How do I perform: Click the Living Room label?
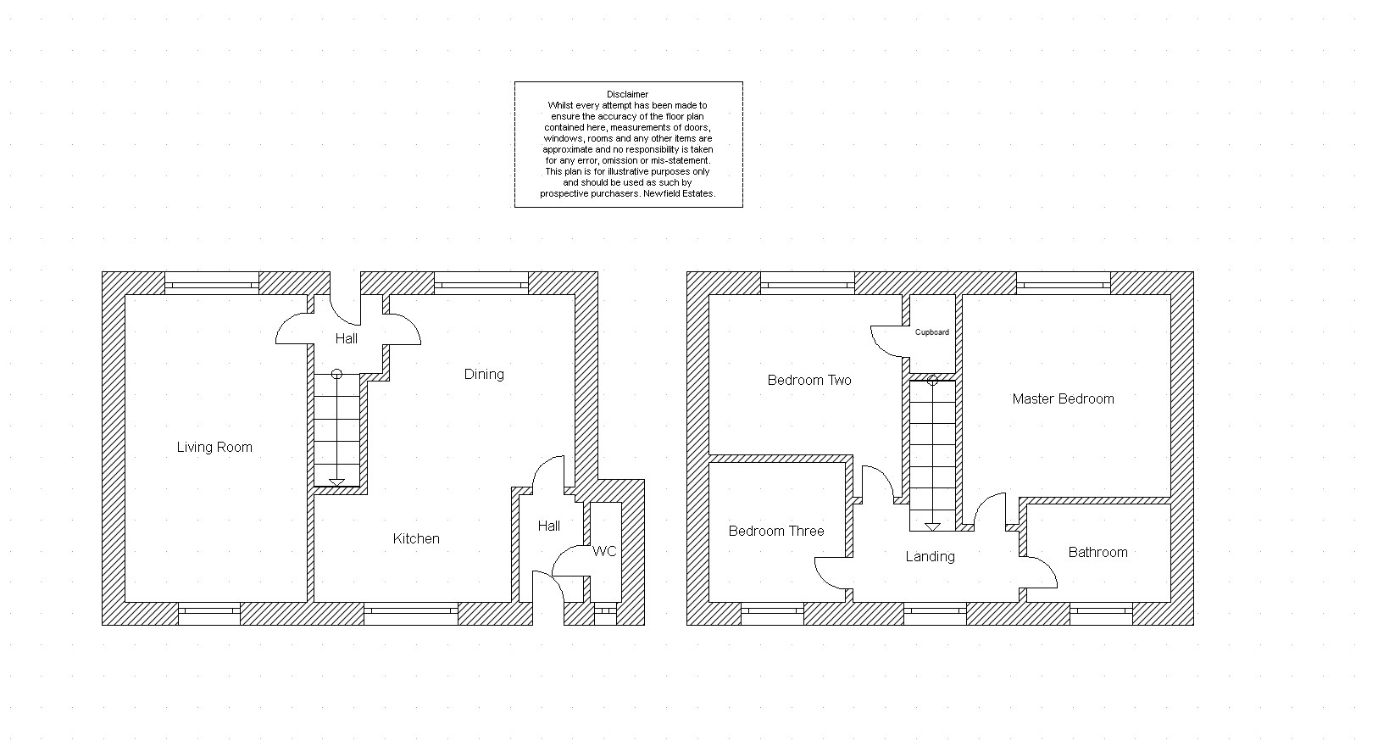214,448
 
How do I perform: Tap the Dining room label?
484,375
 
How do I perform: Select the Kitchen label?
416,539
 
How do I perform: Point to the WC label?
604,551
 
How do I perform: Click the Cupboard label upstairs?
932,332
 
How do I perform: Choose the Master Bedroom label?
1063,398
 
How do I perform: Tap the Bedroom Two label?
809,381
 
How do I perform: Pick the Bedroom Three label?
776,531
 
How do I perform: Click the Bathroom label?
1098,553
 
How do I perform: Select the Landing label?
931,557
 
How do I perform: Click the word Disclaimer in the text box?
627,95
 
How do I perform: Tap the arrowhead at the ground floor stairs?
337,483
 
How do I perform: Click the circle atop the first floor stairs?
932,381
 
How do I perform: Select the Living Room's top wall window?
212,283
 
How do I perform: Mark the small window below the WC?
605,614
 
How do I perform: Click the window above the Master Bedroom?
1064,283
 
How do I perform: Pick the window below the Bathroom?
1101,614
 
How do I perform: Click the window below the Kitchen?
411,614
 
